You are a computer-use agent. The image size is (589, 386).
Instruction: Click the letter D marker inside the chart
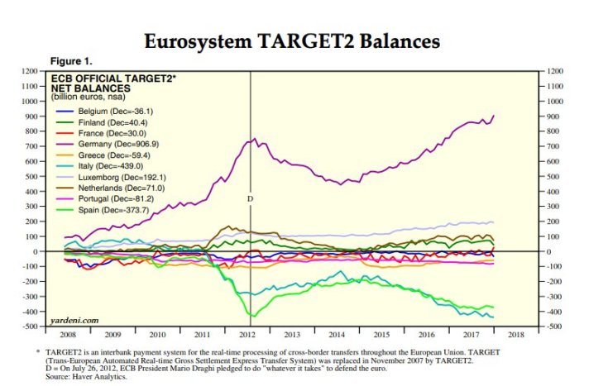pos(250,199)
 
